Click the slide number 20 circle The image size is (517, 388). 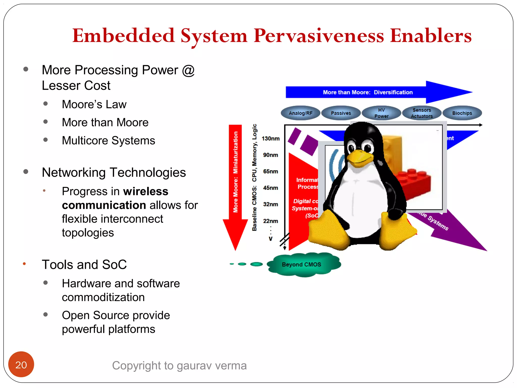(x=21, y=365)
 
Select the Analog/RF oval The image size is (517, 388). (x=300, y=113)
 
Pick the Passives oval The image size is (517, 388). (x=341, y=113)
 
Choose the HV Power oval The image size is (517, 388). (x=381, y=113)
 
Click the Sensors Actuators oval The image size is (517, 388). (x=422, y=113)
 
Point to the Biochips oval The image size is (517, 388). (x=462, y=113)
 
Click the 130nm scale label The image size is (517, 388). (x=271, y=139)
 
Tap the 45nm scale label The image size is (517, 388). (x=271, y=188)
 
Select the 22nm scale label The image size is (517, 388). (x=271, y=221)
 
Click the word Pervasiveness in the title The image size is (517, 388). (x=319, y=36)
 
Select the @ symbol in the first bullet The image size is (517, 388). (x=188, y=70)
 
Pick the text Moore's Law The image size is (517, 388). (x=94, y=104)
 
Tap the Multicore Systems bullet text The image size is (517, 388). (x=109, y=140)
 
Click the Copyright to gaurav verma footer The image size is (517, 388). (x=179, y=366)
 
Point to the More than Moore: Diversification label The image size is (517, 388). (x=368, y=92)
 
